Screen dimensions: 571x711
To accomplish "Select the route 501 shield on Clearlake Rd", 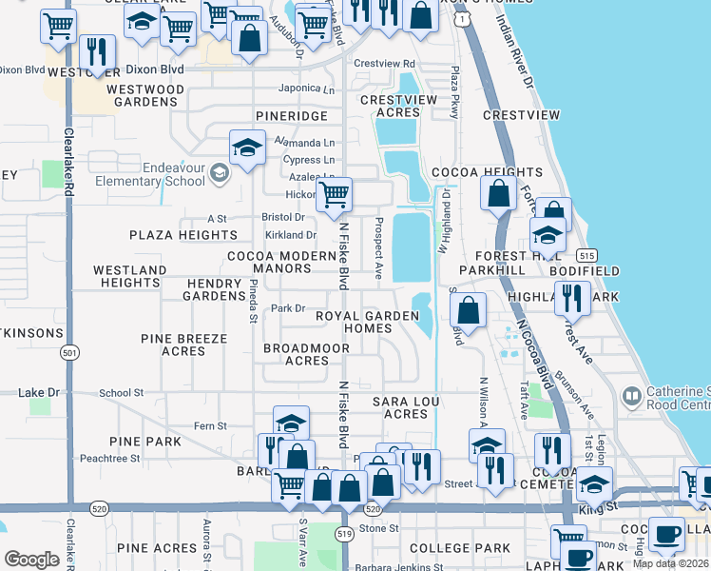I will [69, 353].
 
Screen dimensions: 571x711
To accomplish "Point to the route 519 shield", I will [345, 535].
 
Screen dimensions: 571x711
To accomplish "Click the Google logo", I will [32, 559].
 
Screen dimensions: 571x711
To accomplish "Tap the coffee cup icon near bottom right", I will [666, 534].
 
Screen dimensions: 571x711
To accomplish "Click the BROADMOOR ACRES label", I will [306, 355].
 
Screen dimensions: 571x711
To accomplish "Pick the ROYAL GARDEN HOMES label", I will [367, 323].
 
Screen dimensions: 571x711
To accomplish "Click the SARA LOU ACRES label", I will [406, 407].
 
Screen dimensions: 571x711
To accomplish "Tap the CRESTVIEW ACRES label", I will [399, 106].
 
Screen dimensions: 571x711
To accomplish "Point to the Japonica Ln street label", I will [306, 89].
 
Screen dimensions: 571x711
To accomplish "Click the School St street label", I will [121, 392].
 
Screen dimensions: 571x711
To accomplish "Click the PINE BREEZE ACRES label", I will [184, 345].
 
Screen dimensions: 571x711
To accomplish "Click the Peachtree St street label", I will [110, 458].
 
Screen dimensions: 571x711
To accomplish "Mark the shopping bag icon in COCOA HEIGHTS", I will [499, 194].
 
